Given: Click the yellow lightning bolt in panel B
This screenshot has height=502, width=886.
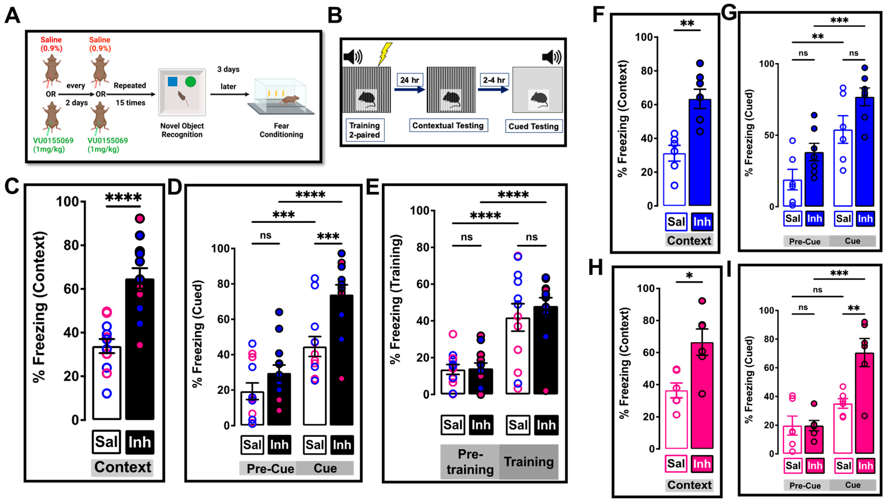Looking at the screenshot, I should tap(385, 53).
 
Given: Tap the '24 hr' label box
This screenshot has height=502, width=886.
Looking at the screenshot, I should tap(409, 80).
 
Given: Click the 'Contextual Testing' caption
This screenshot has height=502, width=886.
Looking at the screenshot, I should tap(448, 126).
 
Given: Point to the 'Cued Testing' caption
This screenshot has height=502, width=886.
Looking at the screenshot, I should tap(533, 127).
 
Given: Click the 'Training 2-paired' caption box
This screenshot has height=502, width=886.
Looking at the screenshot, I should tap(364, 130).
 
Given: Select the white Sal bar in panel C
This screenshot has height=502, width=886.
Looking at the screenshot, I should tap(107, 383).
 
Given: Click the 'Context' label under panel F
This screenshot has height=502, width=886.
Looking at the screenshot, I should tap(689, 240).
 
